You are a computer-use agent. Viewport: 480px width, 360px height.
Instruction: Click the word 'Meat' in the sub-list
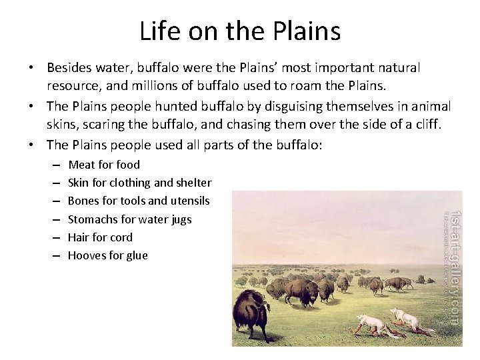[81, 165]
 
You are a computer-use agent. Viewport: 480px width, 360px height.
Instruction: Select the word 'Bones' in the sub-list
[84, 201]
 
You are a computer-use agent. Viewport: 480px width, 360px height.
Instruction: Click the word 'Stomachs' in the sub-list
[92, 219]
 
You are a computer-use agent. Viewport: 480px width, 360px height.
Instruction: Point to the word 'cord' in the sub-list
[121, 237]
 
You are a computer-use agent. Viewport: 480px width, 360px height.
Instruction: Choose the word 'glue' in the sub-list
[136, 255]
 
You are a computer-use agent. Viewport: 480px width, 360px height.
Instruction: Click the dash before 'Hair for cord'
[54, 237]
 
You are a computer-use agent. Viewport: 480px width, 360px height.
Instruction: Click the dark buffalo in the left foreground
[251, 313]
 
